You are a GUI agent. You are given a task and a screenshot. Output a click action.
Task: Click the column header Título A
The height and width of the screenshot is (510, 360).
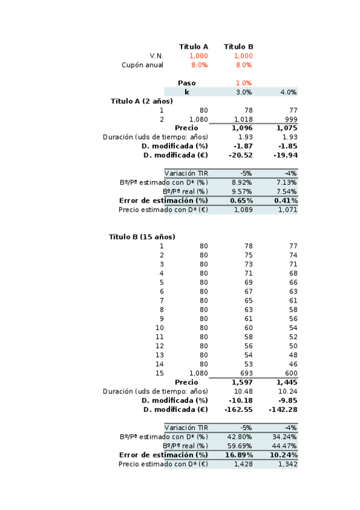click(x=194, y=46)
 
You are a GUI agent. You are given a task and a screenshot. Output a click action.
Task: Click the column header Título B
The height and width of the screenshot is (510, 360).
click(x=239, y=46)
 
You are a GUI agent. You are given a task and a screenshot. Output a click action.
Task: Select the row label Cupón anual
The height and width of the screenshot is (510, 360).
click(x=142, y=65)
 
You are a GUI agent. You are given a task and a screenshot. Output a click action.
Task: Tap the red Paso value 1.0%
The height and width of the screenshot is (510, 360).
click(x=244, y=83)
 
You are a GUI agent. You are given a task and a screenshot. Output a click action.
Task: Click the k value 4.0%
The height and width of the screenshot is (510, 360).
click(x=288, y=92)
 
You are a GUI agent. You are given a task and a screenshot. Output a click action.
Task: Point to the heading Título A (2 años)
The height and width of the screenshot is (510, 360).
click(x=142, y=101)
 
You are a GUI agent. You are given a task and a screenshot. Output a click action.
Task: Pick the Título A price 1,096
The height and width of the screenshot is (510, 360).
click(x=242, y=128)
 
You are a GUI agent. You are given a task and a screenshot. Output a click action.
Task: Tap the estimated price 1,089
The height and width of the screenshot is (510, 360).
click(x=243, y=209)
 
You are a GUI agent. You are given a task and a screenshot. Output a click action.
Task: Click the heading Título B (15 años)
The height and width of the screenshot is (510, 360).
click(x=142, y=237)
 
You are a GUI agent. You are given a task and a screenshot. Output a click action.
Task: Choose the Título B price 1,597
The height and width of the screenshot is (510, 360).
click(x=242, y=382)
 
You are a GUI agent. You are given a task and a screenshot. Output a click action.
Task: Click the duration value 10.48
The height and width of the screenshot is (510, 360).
click(x=243, y=391)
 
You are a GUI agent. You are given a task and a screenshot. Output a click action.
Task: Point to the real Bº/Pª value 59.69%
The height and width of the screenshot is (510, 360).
click(x=241, y=446)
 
